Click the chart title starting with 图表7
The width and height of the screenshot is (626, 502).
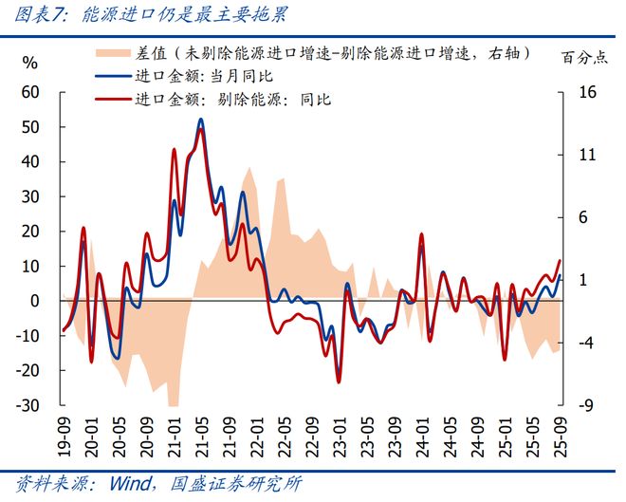[x=147, y=15]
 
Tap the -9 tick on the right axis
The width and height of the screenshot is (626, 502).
[x=582, y=405]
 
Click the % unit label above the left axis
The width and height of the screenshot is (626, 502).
[x=29, y=64]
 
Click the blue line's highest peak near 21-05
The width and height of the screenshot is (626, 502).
[x=200, y=120]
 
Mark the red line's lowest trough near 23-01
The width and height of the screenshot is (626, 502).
[x=339, y=381]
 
